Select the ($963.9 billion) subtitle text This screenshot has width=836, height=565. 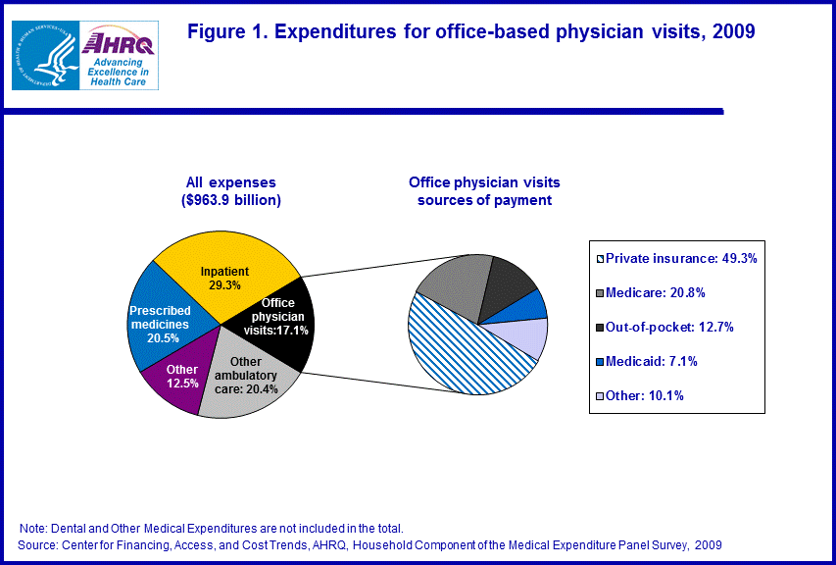(x=231, y=201)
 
